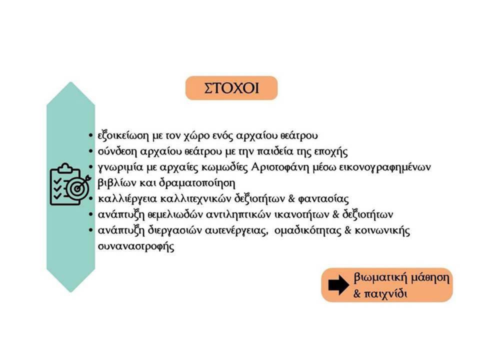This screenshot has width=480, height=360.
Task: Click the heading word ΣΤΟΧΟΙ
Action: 231,88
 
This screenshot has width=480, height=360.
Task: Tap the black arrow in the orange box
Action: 338,285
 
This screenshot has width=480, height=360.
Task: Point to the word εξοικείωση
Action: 123,135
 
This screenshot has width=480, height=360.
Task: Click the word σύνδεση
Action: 117,151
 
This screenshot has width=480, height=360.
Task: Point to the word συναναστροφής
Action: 136,246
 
